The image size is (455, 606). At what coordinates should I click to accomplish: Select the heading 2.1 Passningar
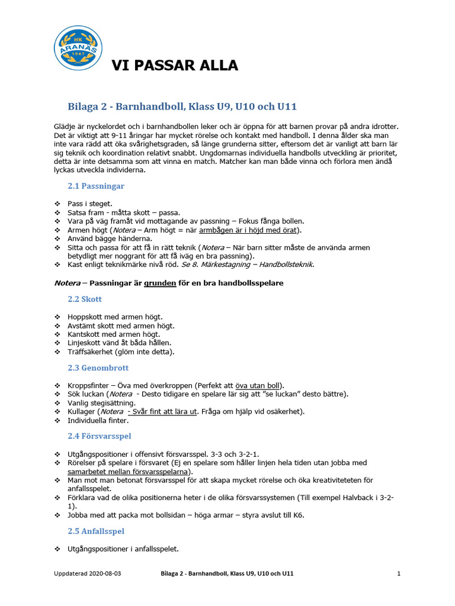[x=96, y=186]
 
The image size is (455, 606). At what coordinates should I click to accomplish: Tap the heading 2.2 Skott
[x=85, y=299]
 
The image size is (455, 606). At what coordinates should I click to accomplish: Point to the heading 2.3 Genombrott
[x=96, y=368]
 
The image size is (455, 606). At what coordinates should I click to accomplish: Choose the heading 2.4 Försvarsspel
[x=100, y=436]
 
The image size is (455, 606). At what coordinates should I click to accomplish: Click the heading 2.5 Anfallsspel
[x=96, y=531]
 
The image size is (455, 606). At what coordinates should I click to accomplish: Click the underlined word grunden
[x=160, y=283]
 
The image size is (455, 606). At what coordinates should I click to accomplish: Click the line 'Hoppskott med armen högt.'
[x=114, y=317]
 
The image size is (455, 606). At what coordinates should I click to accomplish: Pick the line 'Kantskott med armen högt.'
[x=114, y=334]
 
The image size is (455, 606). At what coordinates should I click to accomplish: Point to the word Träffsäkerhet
[x=92, y=352]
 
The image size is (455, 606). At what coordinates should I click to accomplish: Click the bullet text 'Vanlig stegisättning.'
[x=101, y=403]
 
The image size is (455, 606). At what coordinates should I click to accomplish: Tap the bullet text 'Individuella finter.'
[x=98, y=421]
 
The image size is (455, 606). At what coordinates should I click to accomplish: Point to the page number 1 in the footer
[x=399, y=574]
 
